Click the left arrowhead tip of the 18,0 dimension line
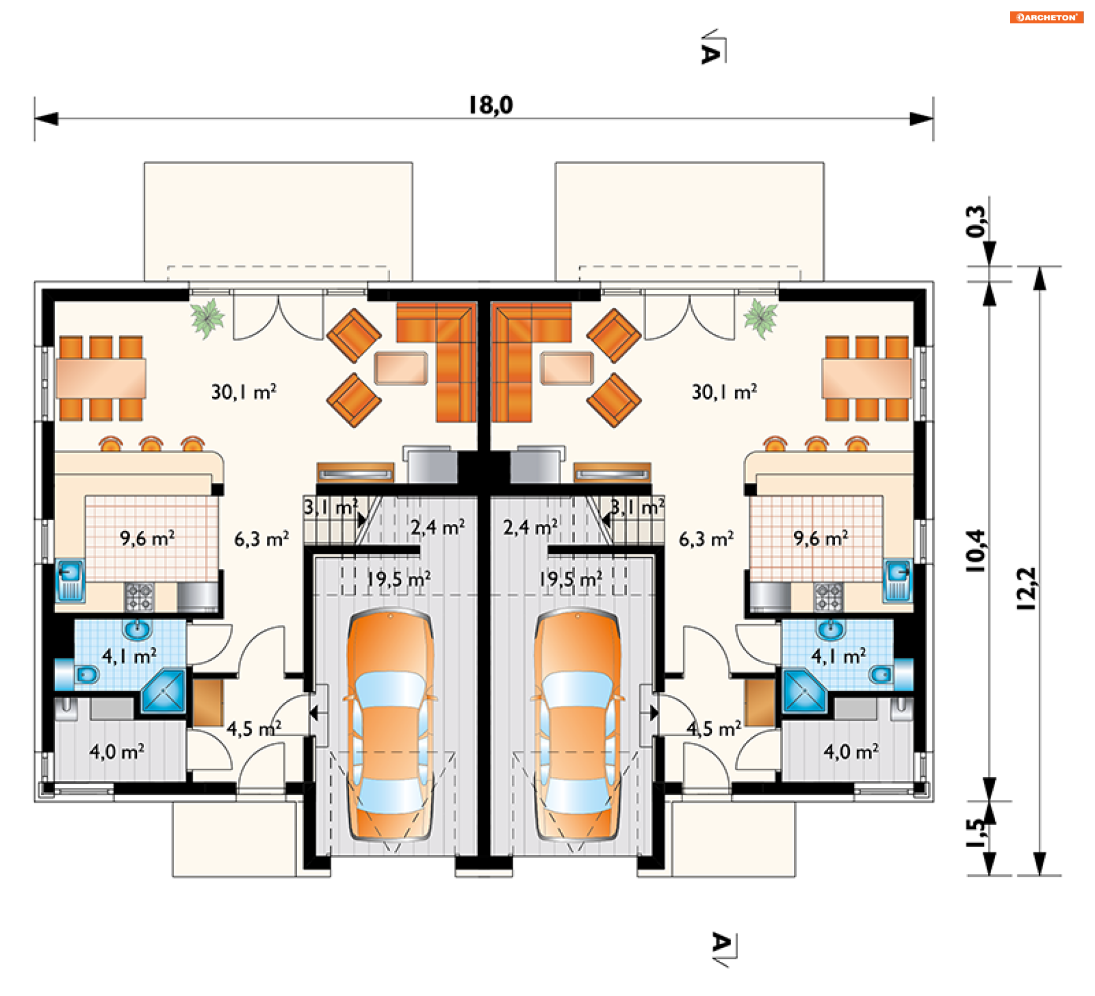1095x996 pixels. point(35,119)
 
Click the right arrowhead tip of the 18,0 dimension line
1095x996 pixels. point(933,119)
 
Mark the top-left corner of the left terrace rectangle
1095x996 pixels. point(144,162)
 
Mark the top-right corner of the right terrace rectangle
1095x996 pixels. point(824,162)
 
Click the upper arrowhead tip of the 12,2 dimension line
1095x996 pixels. point(1040,267)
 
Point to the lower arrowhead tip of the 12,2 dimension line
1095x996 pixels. point(1040,875)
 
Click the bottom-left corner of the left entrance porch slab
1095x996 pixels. point(173,877)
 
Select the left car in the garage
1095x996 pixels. point(391,725)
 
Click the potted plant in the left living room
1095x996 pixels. point(208,318)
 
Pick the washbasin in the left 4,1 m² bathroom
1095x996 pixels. point(137,630)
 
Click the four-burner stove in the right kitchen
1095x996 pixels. point(828,597)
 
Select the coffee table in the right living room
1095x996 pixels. point(567,368)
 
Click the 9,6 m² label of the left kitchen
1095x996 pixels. point(147,538)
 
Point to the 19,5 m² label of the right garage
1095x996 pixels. point(571,579)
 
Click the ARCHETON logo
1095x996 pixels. point(1047,17)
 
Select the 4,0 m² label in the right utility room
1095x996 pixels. point(851,752)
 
